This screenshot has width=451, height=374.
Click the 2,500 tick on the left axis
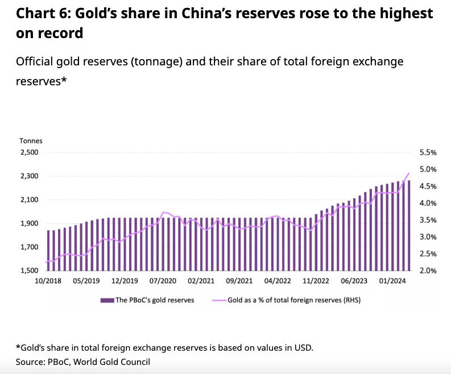(x=29, y=152)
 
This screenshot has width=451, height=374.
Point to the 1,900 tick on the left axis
(x=29, y=223)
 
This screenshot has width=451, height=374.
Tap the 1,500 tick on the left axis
(x=29, y=271)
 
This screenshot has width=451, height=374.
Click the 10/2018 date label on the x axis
(x=48, y=281)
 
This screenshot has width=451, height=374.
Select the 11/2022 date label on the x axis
(x=316, y=281)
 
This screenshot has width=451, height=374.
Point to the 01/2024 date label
(x=393, y=281)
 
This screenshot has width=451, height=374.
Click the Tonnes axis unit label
(x=31, y=140)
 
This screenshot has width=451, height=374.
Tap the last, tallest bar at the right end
(x=409, y=225)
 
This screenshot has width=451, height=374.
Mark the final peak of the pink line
(x=409, y=173)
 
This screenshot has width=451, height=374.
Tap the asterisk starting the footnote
(x=18, y=347)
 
